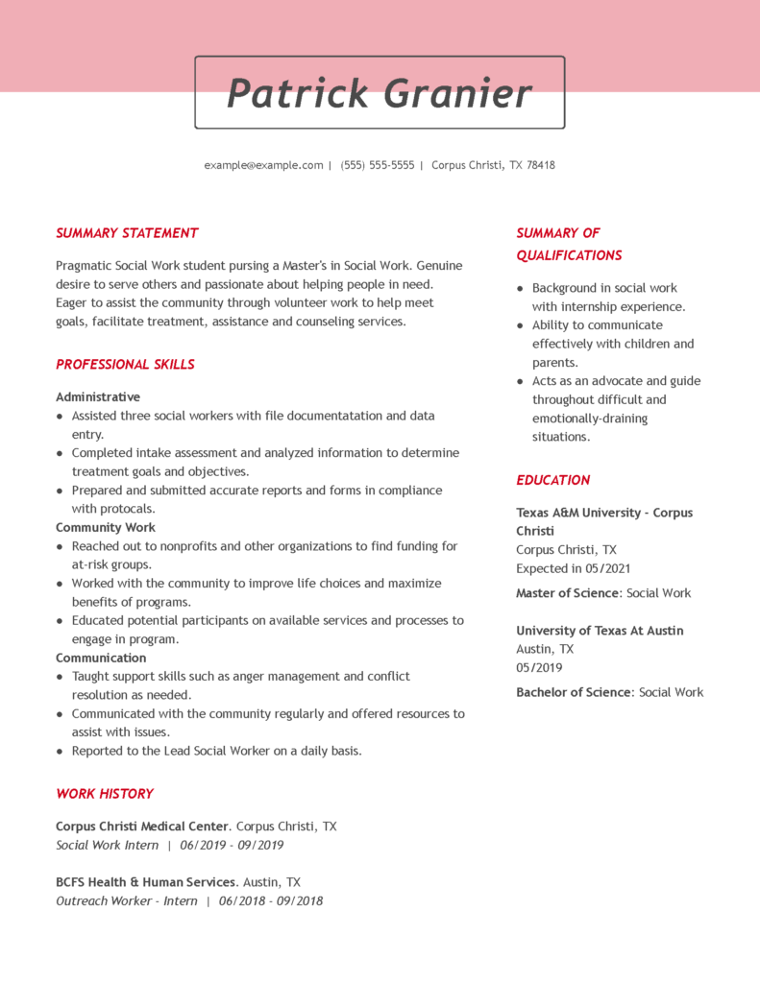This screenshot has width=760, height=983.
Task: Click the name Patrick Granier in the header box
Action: [x=379, y=93]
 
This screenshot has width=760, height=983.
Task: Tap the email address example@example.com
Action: [x=263, y=165]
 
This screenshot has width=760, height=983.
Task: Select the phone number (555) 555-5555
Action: [x=378, y=165]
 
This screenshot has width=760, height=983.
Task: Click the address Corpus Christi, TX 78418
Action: [x=493, y=165]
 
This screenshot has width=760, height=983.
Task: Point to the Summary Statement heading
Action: [x=127, y=233]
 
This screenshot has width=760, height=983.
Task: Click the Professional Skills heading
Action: [x=125, y=365]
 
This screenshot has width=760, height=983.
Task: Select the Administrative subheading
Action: [x=98, y=397]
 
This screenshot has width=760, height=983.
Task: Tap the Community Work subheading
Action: [x=106, y=528]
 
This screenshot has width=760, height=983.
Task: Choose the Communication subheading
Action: [x=101, y=659]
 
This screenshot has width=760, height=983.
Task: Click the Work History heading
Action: [x=105, y=794]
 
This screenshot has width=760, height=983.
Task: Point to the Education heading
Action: [x=553, y=480]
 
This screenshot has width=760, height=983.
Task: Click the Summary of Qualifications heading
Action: [x=568, y=245]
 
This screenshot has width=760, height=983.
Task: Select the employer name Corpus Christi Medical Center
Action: [x=142, y=827]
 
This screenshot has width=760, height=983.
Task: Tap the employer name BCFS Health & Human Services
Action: [x=145, y=882]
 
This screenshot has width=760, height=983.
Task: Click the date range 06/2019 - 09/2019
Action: [x=232, y=846]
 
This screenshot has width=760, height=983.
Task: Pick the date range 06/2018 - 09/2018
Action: [x=271, y=901]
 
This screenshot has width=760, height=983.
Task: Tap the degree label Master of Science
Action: [x=568, y=593]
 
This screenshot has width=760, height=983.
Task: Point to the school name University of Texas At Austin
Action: [x=600, y=631]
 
